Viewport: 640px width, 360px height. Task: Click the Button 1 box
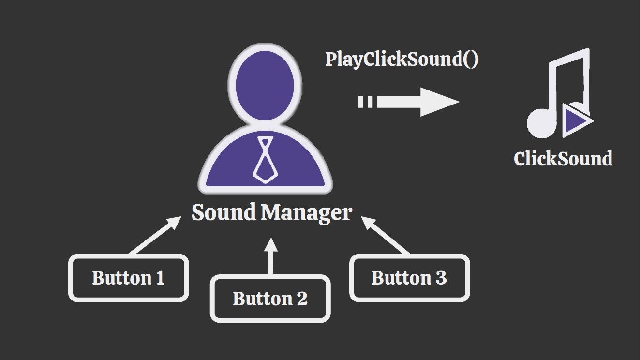click(x=128, y=278)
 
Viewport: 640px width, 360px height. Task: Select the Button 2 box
click(x=270, y=299)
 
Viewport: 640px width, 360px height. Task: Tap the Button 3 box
click(x=409, y=278)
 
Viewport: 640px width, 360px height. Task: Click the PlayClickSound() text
click(x=402, y=59)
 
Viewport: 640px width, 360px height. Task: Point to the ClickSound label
click(x=563, y=159)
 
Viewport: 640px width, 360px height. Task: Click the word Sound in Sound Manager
click(x=223, y=213)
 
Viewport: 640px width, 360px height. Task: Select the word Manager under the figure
click(x=306, y=213)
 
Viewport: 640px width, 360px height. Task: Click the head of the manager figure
click(x=265, y=85)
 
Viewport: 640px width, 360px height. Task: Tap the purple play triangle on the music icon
click(x=574, y=119)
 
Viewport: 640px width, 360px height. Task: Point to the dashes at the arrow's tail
click(x=366, y=102)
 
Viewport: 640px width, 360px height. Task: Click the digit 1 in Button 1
click(x=160, y=278)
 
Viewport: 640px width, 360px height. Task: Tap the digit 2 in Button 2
click(x=301, y=299)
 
